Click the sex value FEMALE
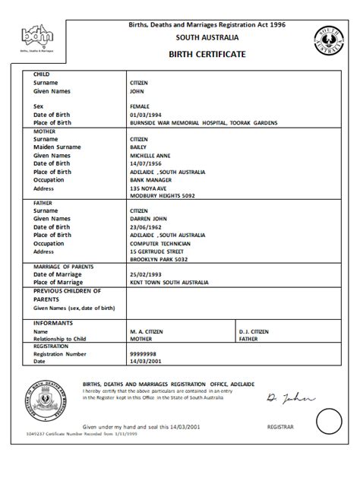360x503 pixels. click(142, 107)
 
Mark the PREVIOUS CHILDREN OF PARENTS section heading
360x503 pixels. click(67, 295)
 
